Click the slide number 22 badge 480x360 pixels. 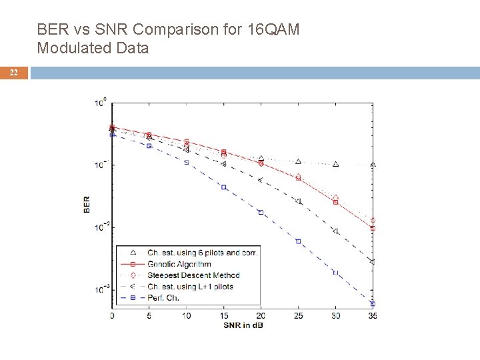click(x=14, y=73)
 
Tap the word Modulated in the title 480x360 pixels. click(x=69, y=47)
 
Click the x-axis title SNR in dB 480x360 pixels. click(x=243, y=324)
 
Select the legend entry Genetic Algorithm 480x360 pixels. click(x=179, y=264)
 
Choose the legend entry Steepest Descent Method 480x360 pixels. click(x=193, y=275)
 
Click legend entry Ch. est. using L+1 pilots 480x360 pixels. click(x=190, y=287)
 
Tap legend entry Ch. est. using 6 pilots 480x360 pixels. click(x=202, y=253)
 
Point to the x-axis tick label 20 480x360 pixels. click(x=261, y=315)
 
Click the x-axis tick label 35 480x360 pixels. click(x=373, y=315)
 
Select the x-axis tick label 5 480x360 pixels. click(x=149, y=315)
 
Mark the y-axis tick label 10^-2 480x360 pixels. click(x=101, y=227)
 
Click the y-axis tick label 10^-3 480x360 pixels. click(x=101, y=290)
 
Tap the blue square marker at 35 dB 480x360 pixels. click(x=373, y=303)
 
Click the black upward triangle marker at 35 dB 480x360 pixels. click(x=373, y=164)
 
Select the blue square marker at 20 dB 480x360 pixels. click(x=261, y=212)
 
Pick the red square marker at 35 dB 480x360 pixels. click(x=373, y=228)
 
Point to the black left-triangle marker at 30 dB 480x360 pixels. click(x=335, y=231)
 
